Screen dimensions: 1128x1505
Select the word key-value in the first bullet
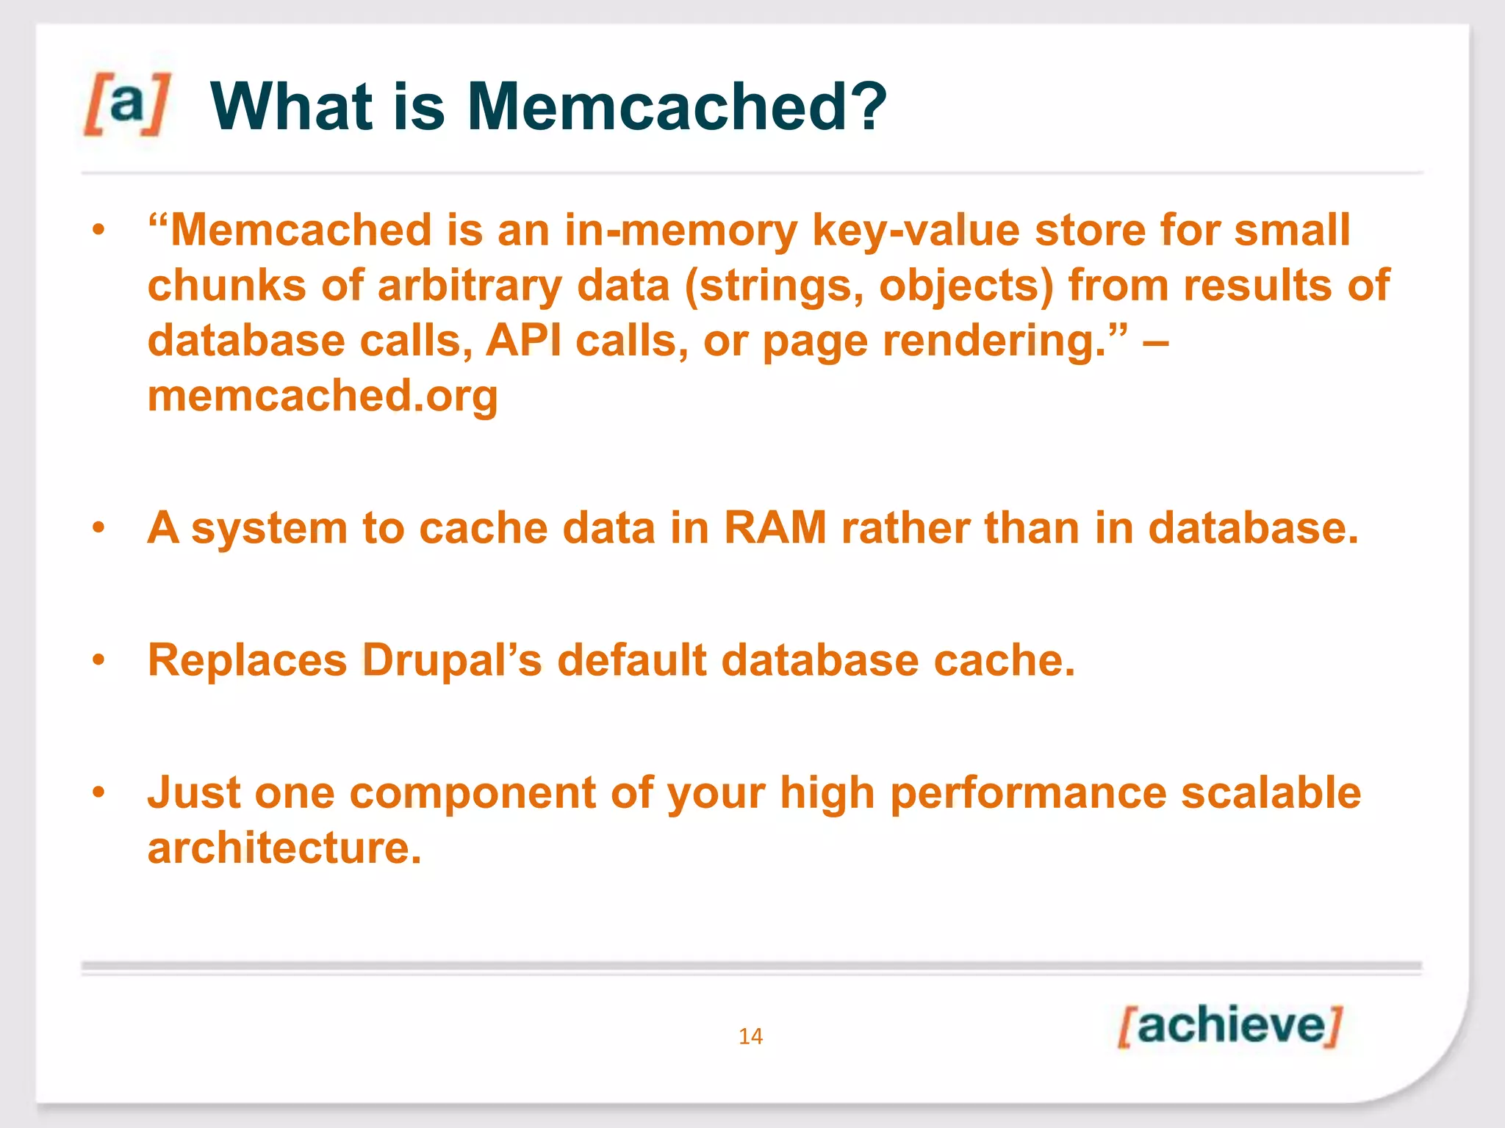pos(916,231)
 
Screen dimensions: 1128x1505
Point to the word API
pos(523,341)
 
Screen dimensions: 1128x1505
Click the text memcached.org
pos(323,397)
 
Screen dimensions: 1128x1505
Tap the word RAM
pos(775,528)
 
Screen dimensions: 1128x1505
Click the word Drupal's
pos(452,660)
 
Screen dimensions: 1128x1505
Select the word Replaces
pos(247,660)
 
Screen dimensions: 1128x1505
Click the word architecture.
pos(284,848)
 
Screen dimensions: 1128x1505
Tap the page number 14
pos(750,1036)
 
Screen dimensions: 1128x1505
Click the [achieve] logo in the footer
pos(1229,1026)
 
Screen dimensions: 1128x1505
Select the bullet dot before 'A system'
pos(99,528)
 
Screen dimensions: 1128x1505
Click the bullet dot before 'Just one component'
pos(99,792)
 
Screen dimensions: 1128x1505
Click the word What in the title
pos(292,107)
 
